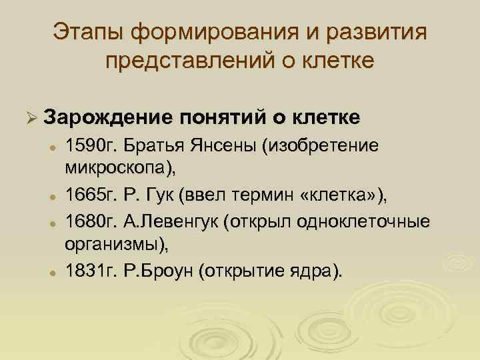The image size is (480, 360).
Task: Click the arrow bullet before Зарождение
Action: point(27,118)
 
